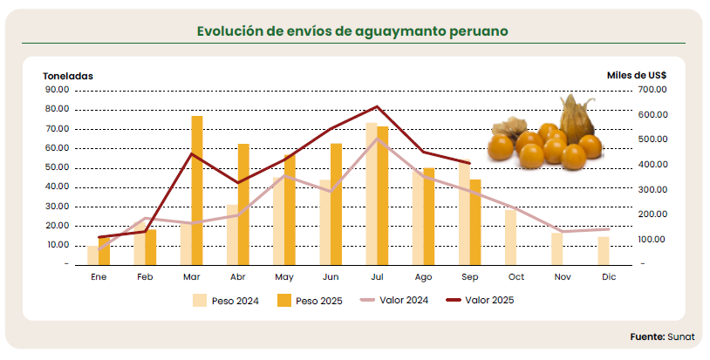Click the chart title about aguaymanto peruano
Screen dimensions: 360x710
(x=352, y=31)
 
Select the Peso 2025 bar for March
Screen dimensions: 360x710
(x=197, y=189)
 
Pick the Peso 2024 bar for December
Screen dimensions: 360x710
(x=604, y=250)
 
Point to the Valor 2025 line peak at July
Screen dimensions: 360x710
(x=376, y=107)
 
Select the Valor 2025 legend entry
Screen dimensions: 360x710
(x=479, y=301)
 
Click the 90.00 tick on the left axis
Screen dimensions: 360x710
(x=57, y=90)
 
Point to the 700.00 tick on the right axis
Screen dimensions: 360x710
(x=652, y=90)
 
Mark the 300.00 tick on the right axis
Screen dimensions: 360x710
(x=652, y=189)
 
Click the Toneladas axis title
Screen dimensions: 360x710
(x=68, y=76)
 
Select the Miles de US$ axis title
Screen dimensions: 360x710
(x=637, y=76)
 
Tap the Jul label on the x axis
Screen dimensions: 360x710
(x=377, y=276)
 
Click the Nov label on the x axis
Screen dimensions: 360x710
(x=563, y=276)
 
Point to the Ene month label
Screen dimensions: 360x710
(x=99, y=276)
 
